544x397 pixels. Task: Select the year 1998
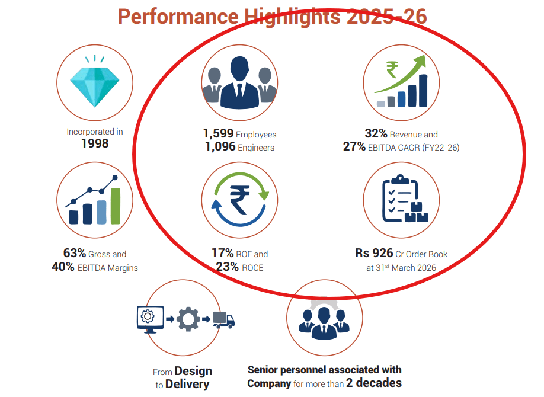click(95, 143)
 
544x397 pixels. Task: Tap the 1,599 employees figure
click(218, 133)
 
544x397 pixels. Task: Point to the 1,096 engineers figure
click(220, 146)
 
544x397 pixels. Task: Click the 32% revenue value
click(376, 133)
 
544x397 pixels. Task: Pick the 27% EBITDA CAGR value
click(354, 146)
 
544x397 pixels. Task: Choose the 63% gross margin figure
click(74, 253)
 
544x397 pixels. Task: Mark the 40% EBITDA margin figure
click(63, 267)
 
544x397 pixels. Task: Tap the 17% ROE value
click(222, 253)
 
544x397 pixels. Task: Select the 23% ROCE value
click(227, 267)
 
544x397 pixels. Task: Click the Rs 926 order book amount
click(374, 253)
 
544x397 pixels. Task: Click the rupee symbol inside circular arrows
click(240, 200)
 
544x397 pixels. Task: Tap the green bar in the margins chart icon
click(116, 206)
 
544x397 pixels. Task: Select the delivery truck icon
click(224, 319)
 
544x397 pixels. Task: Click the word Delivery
click(187, 384)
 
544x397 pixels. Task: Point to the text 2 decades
click(374, 383)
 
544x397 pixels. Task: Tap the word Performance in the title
click(178, 17)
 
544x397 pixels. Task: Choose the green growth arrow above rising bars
click(400, 74)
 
